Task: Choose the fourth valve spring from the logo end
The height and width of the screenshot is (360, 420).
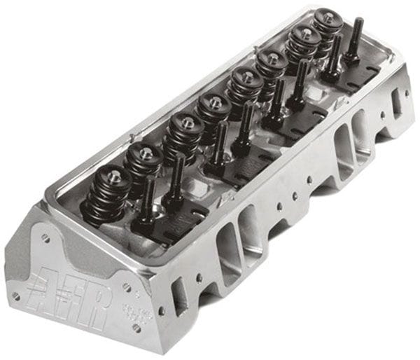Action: tap(213, 111)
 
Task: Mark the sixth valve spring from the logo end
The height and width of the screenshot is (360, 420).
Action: tap(272, 67)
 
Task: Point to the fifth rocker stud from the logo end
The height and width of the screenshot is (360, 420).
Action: tap(278, 97)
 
